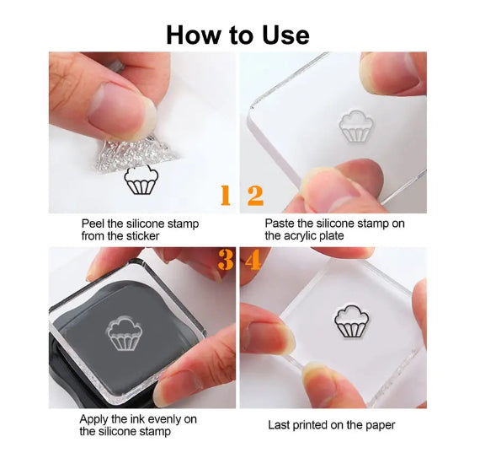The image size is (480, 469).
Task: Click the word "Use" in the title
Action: pos(285,35)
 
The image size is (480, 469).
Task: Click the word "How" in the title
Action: pos(193,35)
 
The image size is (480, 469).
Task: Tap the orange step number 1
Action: pos(226,195)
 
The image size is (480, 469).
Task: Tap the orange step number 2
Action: pos(255,195)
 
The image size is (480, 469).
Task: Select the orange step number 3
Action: pos(226,260)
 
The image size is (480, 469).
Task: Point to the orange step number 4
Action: pos(253,260)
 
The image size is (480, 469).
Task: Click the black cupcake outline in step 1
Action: pos(141,180)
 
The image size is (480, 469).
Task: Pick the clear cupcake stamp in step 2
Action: pos(356,127)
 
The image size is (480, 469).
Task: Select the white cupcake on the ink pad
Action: pos(124,334)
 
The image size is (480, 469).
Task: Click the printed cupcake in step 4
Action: pos(352,321)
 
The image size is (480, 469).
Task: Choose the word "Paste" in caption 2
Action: pos(279,224)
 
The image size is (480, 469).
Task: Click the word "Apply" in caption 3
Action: pos(93,419)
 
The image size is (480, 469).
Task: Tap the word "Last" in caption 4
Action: pos(278,425)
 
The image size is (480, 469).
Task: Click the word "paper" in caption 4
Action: pos(381,426)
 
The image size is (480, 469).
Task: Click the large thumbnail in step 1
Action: pos(119,110)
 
